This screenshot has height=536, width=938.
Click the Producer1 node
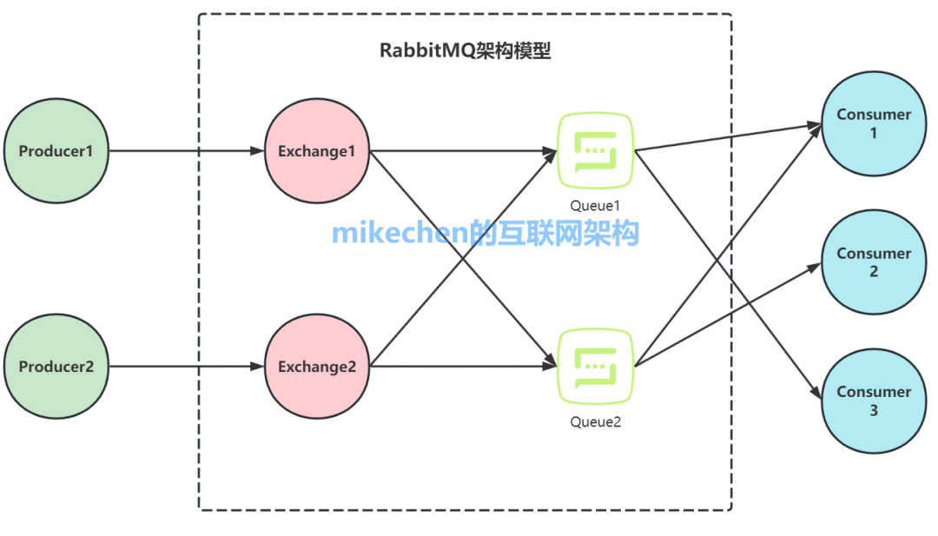56,151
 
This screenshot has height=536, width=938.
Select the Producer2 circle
56,367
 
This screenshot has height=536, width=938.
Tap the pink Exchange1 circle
317,151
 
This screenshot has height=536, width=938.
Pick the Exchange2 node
317,367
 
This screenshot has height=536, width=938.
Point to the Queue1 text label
595,206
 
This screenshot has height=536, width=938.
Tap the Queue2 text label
595,422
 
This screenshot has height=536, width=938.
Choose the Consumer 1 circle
873,123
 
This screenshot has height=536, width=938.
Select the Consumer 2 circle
873,262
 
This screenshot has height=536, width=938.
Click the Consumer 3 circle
873,400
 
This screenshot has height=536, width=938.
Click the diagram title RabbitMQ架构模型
466,50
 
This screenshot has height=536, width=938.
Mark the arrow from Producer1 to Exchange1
187,151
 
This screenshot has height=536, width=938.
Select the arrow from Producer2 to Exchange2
187,367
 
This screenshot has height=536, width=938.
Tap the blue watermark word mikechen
400,234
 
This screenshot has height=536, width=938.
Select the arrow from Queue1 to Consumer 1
730,138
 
